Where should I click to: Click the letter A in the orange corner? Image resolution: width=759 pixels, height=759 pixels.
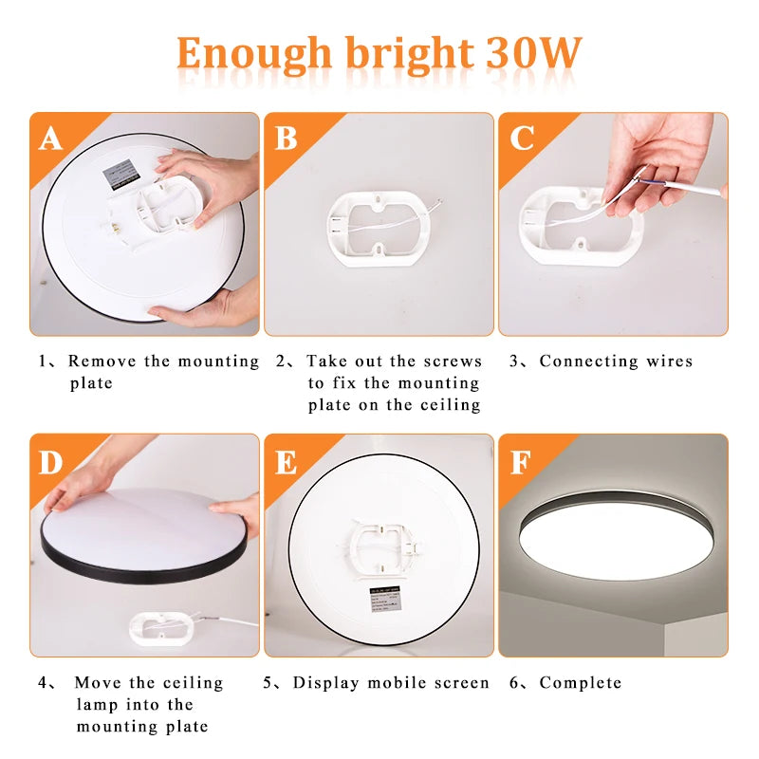pyautogui.click(x=50, y=139)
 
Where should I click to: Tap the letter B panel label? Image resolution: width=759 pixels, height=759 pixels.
pyautogui.click(x=286, y=139)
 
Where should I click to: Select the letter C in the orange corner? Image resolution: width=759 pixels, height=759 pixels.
pyautogui.click(x=521, y=139)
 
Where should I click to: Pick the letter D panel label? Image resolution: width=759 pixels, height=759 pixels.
pyautogui.click(x=50, y=462)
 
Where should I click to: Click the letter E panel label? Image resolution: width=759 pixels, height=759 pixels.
pyautogui.click(x=286, y=462)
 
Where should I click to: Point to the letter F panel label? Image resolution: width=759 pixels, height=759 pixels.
pyautogui.click(x=521, y=462)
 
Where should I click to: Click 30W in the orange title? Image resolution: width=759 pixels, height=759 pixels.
pyautogui.click(x=533, y=53)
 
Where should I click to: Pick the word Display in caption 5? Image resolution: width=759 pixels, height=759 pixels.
pyautogui.click(x=326, y=683)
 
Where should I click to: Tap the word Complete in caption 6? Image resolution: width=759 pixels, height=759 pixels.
pyautogui.click(x=581, y=683)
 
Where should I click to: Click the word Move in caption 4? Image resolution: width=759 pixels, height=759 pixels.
pyautogui.click(x=98, y=683)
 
